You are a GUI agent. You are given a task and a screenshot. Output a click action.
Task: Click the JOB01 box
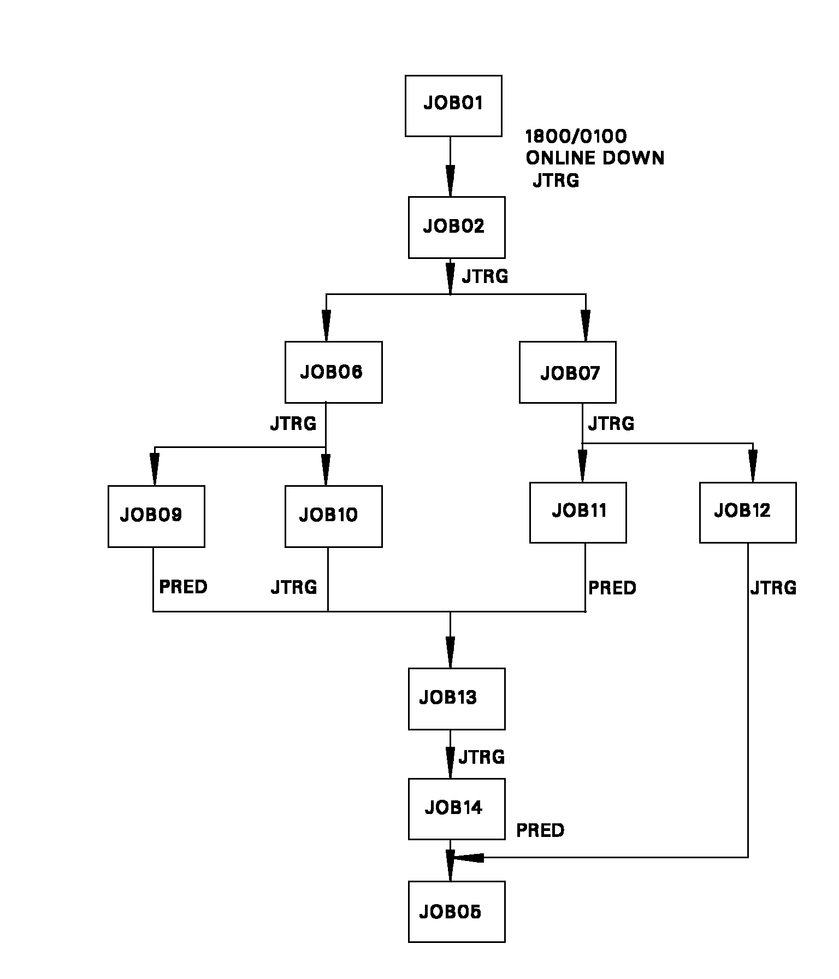[453, 106]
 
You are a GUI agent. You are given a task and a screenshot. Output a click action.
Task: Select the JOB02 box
[456, 227]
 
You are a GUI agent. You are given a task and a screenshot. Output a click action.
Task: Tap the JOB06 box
[333, 373]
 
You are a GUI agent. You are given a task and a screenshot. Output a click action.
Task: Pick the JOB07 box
[567, 373]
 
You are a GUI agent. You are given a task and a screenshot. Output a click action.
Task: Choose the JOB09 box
[156, 516]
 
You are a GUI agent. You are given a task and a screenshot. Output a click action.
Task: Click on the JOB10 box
[333, 516]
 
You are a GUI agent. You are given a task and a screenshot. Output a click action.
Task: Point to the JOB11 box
[577, 512]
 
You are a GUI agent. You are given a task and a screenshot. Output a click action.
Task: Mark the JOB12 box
[747, 512]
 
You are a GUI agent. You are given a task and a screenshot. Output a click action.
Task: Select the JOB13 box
[456, 699]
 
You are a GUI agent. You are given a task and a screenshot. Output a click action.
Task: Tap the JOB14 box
[456, 809]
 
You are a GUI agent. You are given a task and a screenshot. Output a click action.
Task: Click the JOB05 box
[456, 912]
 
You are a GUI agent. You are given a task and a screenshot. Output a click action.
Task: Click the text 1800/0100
[576, 136]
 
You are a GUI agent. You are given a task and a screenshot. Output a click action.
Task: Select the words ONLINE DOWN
[595, 158]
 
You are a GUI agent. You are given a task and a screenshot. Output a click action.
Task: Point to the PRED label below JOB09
[183, 587]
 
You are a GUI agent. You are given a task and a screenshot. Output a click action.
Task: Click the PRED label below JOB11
[612, 588]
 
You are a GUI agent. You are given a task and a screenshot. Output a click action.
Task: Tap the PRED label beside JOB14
[540, 831]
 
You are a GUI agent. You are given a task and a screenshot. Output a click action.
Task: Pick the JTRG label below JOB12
[773, 588]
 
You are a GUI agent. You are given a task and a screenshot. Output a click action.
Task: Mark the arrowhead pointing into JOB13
[450, 652]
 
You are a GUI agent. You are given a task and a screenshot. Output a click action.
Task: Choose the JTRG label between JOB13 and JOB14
[481, 757]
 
